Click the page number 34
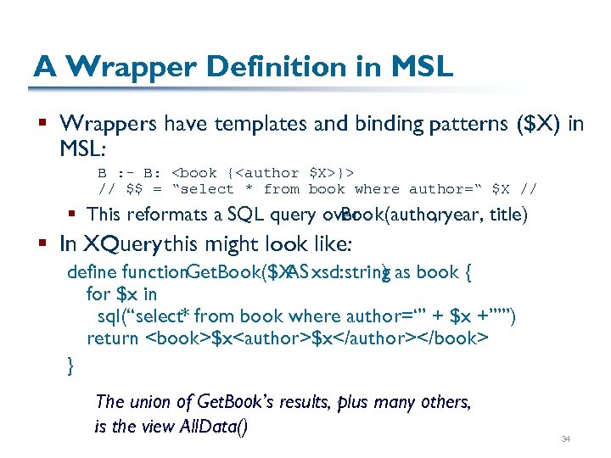point(565,438)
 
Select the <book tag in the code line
point(194,172)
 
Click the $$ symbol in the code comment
point(133,188)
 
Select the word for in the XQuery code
point(98,294)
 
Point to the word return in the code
point(112,338)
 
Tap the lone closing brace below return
point(70,365)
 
